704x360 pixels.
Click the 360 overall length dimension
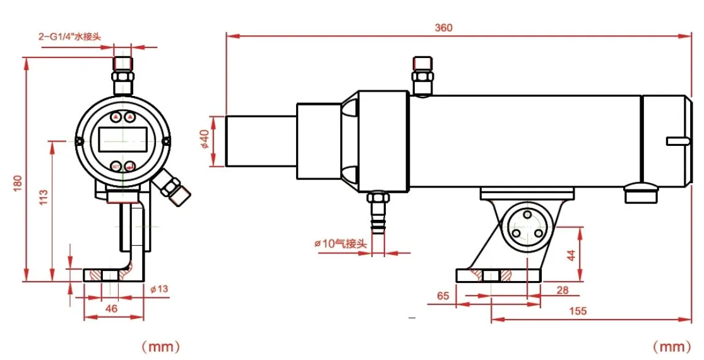(443, 28)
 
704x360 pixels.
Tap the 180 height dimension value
(17, 183)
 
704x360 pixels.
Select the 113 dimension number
(44, 197)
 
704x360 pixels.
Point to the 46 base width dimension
(111, 309)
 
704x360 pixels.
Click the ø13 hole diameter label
(160, 289)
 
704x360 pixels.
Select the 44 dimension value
(571, 255)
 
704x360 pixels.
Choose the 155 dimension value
(577, 310)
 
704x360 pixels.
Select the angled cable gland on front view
(174, 188)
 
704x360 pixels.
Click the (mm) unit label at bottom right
(672, 346)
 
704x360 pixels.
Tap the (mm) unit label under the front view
(160, 346)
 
